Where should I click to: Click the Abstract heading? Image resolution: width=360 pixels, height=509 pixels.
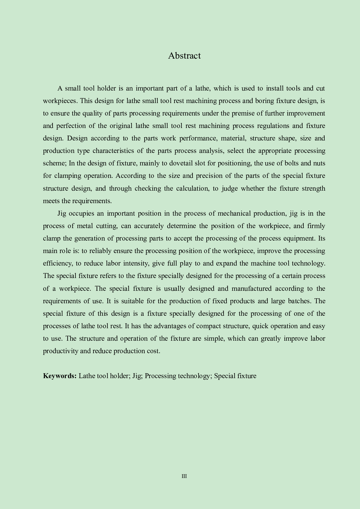(184, 56)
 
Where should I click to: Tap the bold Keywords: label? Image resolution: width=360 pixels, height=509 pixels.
(60, 376)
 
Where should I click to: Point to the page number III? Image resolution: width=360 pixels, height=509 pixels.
(184, 476)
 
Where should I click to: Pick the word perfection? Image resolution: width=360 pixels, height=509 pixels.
(71, 126)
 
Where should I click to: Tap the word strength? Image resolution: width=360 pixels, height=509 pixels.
(314, 189)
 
